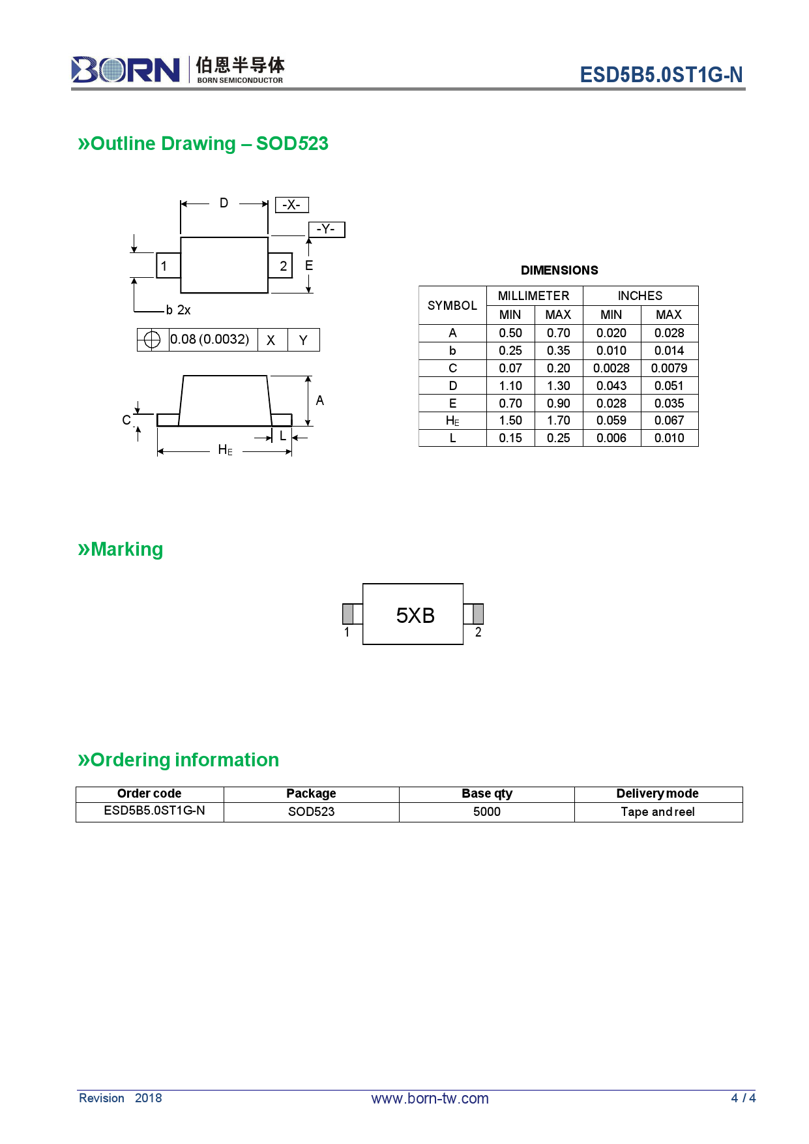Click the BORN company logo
pos(125,69)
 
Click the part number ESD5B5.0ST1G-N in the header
pos(661,75)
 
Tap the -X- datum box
pos(291,205)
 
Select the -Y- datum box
pos(326,230)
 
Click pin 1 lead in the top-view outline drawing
pos(168,265)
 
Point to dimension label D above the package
pos(224,203)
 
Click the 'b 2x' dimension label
pos(178,310)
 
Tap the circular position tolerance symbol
pos(152,340)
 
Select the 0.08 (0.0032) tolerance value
pos(210,339)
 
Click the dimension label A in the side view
pos(319,400)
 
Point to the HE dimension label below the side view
pos(225,450)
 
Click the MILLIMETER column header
pos(533,295)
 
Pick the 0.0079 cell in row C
pos(669,368)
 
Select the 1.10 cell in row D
pos(510,385)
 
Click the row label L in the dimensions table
pos(452,438)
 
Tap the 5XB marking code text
pos(415,615)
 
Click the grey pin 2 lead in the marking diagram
pos(478,614)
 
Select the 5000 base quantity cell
pos(486,811)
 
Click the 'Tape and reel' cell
pos(657,811)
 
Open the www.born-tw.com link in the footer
pos(430,1098)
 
